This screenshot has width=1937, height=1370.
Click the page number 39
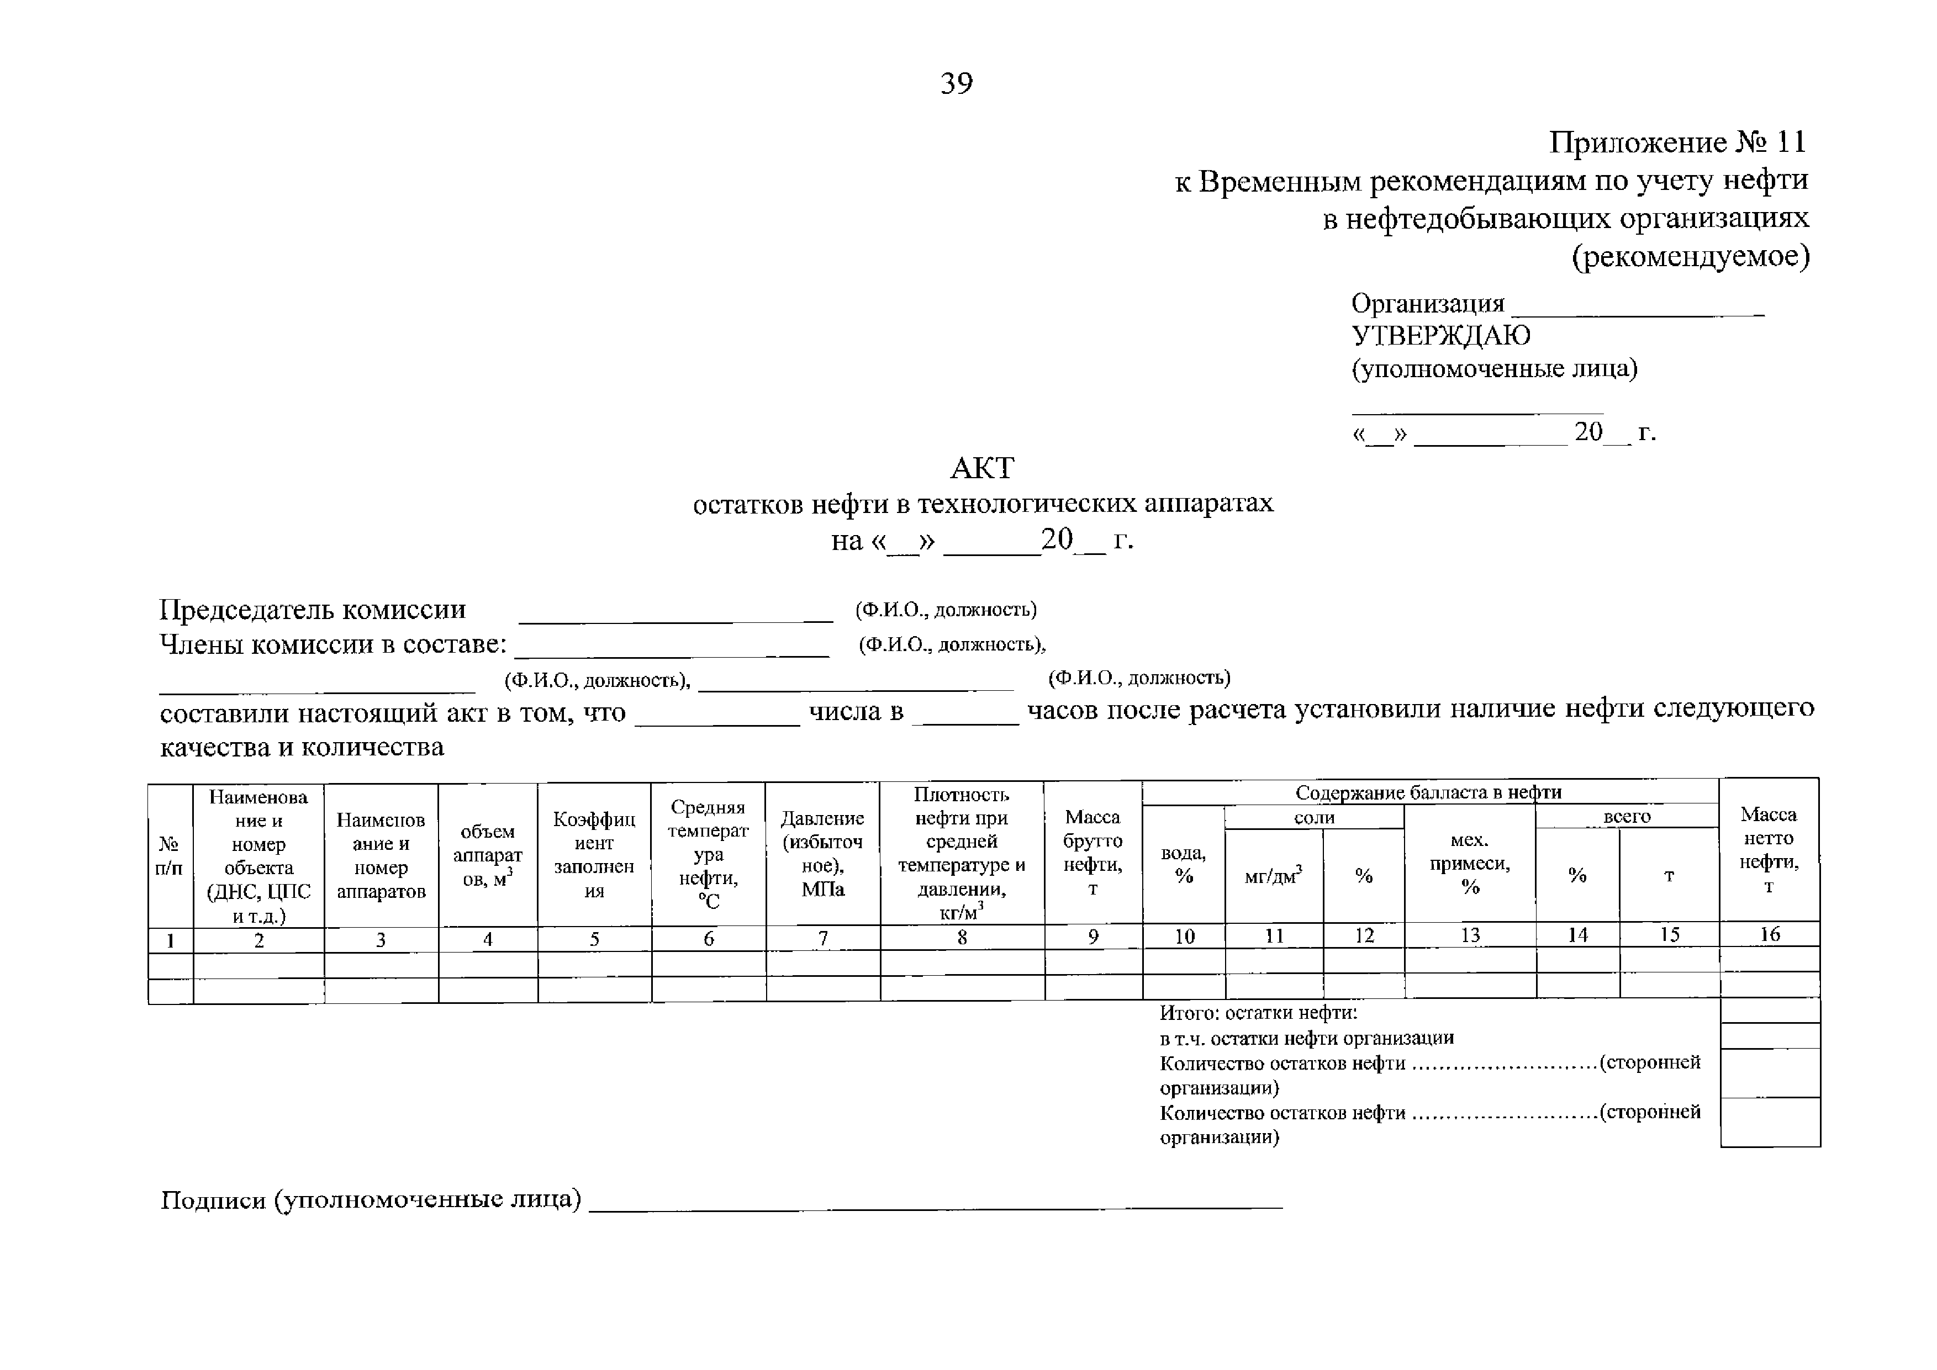(x=956, y=83)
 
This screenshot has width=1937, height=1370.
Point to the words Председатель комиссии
(x=312, y=609)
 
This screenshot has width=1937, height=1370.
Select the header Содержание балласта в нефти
(x=1428, y=792)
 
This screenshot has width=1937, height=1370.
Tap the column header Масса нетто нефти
(x=1769, y=849)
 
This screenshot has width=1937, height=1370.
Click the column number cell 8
(x=962, y=937)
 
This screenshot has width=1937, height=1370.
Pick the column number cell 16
(x=1769, y=934)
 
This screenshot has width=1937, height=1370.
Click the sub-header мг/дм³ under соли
(x=1273, y=876)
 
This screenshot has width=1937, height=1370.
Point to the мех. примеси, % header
(x=1470, y=863)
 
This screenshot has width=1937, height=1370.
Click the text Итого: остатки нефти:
(x=1258, y=1012)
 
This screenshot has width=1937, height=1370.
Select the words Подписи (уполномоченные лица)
(x=371, y=1199)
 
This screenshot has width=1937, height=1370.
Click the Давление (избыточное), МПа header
(x=822, y=853)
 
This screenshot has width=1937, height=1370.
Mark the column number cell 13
(x=1470, y=935)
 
